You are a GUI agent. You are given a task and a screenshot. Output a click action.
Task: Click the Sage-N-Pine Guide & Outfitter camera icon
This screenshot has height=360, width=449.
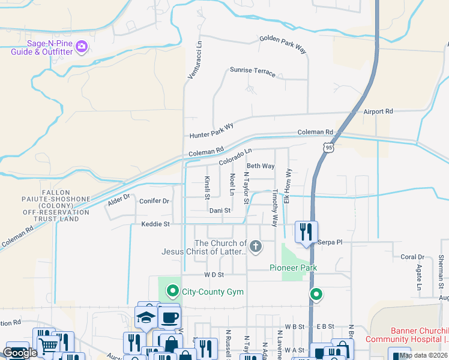coord(82,47)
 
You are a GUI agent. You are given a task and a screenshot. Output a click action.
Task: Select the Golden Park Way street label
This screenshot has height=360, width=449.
coord(283,45)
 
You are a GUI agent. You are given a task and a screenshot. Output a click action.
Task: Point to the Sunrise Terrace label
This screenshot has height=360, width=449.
coord(253,73)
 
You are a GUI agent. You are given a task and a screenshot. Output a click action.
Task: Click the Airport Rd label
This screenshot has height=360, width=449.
coord(378,112)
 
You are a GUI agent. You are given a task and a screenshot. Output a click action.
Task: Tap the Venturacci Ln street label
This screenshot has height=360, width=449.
coord(192,61)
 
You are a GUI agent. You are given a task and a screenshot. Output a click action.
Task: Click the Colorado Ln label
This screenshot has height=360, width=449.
coord(235,157)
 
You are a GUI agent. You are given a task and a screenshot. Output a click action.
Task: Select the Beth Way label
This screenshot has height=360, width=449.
coord(261,166)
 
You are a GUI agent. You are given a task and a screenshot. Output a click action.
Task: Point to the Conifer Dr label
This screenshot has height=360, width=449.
coord(155,201)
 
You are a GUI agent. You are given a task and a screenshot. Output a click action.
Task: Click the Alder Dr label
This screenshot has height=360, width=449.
coord(119,200)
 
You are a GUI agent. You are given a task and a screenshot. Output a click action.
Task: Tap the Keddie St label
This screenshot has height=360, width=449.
coord(156,224)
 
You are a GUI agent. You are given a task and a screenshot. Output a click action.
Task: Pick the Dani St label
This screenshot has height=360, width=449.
coord(220,211)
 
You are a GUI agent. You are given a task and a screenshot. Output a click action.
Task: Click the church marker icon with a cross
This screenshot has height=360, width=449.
coord(256,246)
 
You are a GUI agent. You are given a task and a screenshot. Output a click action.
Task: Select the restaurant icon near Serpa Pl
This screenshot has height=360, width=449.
coord(306,232)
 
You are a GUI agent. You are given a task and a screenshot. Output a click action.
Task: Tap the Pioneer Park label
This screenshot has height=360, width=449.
coord(293,268)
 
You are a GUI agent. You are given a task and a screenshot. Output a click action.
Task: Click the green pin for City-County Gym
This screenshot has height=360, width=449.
coord(173,292)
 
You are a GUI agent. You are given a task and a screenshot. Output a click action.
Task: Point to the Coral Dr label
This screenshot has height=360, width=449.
coord(412,257)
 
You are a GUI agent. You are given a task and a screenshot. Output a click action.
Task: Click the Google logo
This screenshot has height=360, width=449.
coord(20,353)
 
